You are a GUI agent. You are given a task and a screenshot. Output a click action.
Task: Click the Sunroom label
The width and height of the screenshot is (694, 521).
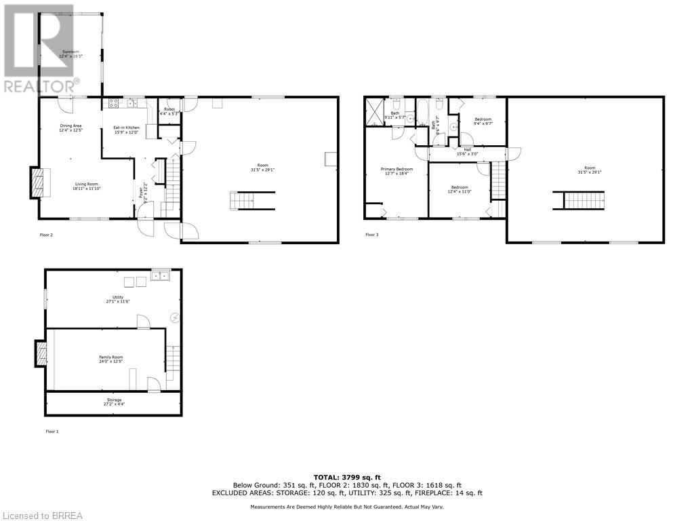(x=68, y=54)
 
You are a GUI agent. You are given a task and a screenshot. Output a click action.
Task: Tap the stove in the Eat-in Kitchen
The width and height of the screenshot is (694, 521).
(x=113, y=104)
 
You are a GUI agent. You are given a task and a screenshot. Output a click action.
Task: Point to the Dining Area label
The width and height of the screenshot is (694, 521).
(x=70, y=128)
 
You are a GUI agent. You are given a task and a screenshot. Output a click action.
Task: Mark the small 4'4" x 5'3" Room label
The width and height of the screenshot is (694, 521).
(x=169, y=111)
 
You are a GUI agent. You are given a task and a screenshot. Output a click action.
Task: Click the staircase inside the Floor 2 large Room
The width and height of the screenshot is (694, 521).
(x=253, y=201)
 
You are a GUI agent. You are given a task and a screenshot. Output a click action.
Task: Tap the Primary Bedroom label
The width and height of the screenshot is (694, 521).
(x=396, y=171)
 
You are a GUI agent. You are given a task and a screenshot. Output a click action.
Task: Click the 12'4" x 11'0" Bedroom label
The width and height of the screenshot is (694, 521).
(x=459, y=189)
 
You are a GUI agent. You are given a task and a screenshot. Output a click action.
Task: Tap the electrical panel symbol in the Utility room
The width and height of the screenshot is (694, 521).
(x=175, y=317)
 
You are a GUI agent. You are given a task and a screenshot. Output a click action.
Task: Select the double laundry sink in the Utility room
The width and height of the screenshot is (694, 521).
(x=161, y=275)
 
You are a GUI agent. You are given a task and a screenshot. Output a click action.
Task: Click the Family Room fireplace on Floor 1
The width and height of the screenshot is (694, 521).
(x=41, y=353)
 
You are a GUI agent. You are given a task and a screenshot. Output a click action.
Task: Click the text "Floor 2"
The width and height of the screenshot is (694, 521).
(x=47, y=235)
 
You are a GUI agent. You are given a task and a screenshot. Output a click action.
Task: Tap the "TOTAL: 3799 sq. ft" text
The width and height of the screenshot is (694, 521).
(x=346, y=477)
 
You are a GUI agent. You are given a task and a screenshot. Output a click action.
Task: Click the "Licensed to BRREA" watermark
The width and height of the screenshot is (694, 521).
(x=41, y=516)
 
